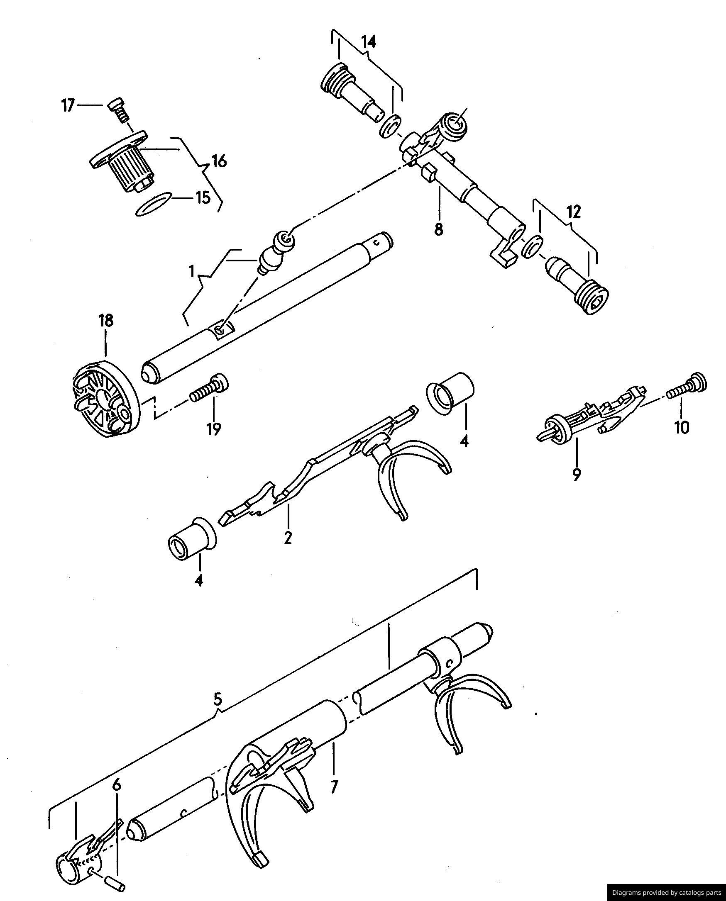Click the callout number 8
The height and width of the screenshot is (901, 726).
tap(438, 229)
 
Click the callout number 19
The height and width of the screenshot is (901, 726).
tap(213, 429)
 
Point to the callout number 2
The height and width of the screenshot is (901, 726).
tap(288, 538)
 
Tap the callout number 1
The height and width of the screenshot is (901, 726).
tap(191, 272)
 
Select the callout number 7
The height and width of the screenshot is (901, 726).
tap(333, 787)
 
